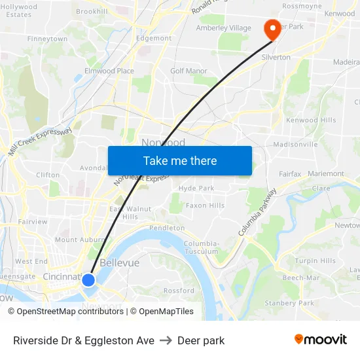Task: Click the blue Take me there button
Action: tap(180, 160)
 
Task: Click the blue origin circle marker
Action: tap(88, 279)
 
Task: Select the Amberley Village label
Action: tap(223, 27)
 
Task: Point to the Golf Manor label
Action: tap(189, 71)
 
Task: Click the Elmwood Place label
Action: tap(109, 71)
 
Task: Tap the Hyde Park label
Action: tap(196, 188)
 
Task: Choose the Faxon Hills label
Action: tap(205, 205)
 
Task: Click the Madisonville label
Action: tap(295, 144)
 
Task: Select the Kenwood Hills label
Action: tap(311, 120)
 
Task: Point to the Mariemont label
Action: tap(325, 173)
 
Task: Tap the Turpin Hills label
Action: tap(315, 261)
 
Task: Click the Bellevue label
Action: tap(120, 262)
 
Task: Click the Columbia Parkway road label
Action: tap(258, 212)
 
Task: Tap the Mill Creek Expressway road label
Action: tap(40, 141)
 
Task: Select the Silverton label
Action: tap(276, 57)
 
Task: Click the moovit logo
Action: tap(321, 339)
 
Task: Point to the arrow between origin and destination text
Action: tap(166, 340)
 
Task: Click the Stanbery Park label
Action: tap(289, 303)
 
